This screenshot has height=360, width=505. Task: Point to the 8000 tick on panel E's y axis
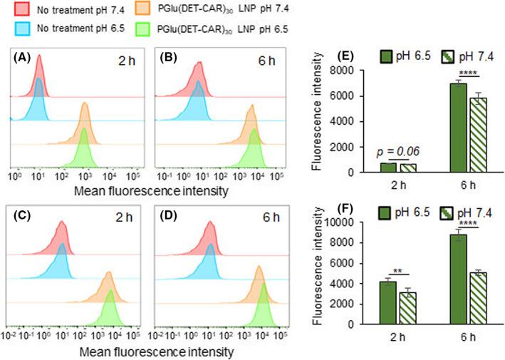point(350,71)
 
